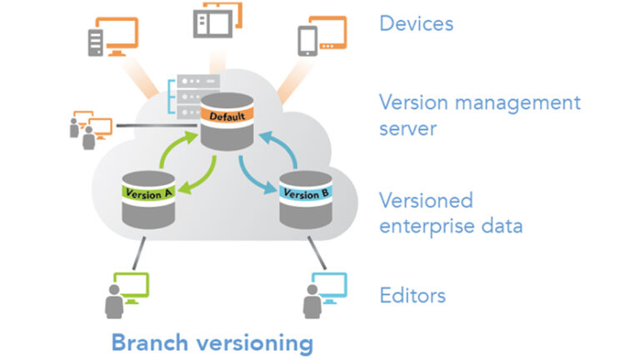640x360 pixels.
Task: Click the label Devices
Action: [416, 22]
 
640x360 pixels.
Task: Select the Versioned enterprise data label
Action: [451, 212]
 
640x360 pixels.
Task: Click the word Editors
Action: [412, 295]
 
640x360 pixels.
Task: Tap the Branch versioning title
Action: [212, 342]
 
